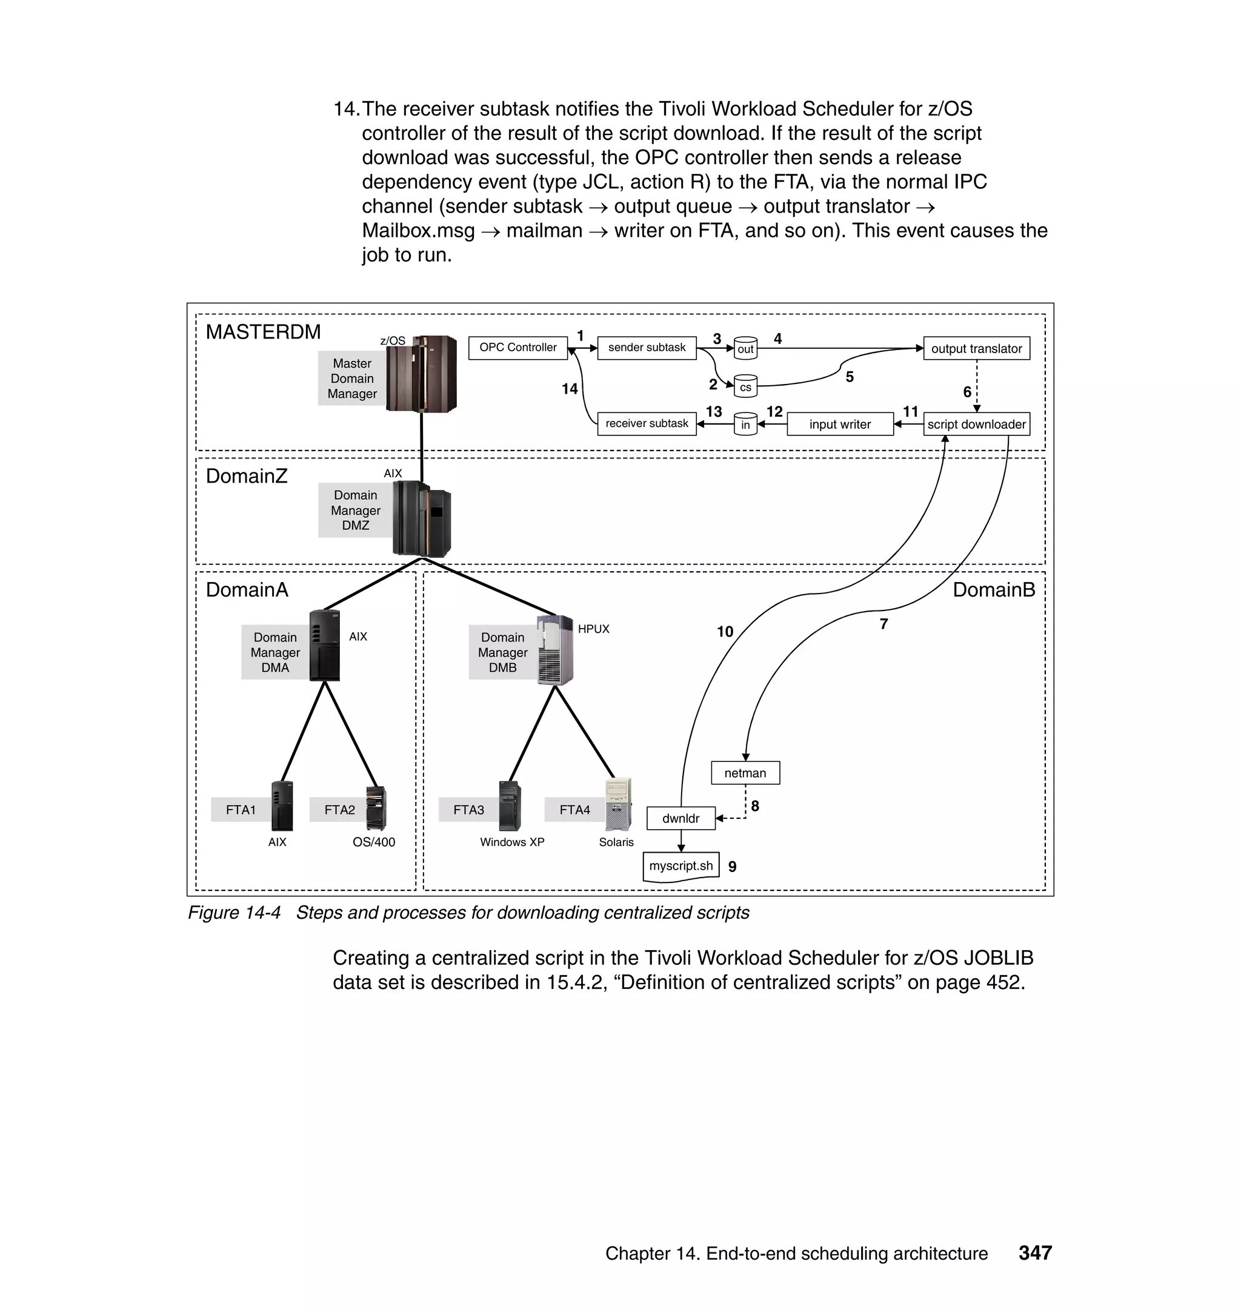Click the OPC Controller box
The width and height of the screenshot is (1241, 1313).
coord(518,348)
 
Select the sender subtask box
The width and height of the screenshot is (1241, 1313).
coord(647,348)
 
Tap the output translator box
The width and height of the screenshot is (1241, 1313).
coord(976,348)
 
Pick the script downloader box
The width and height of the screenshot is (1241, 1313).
coord(976,425)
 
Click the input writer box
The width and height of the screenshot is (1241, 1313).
coord(839,425)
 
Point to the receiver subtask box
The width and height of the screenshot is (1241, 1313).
coord(647,424)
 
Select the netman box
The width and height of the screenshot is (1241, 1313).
coord(745,773)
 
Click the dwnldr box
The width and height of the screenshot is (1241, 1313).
coord(680,818)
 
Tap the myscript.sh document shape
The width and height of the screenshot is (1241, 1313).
coord(680,867)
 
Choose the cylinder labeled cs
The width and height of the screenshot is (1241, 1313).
coord(745,387)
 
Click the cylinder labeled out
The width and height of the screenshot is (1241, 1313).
coord(745,348)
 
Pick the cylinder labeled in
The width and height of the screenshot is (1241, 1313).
coord(745,425)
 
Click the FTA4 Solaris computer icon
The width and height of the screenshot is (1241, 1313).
coord(619,805)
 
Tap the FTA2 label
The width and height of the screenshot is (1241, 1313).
coord(339,810)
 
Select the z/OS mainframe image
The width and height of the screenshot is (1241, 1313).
coord(421,374)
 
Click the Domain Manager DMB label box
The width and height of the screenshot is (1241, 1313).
coord(503,652)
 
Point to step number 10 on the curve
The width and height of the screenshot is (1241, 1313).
coord(725,632)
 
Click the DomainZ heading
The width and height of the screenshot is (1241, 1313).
coord(247,476)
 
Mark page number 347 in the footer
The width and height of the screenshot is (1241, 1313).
coord(1034,1253)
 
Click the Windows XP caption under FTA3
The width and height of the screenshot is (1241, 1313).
coord(512,842)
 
